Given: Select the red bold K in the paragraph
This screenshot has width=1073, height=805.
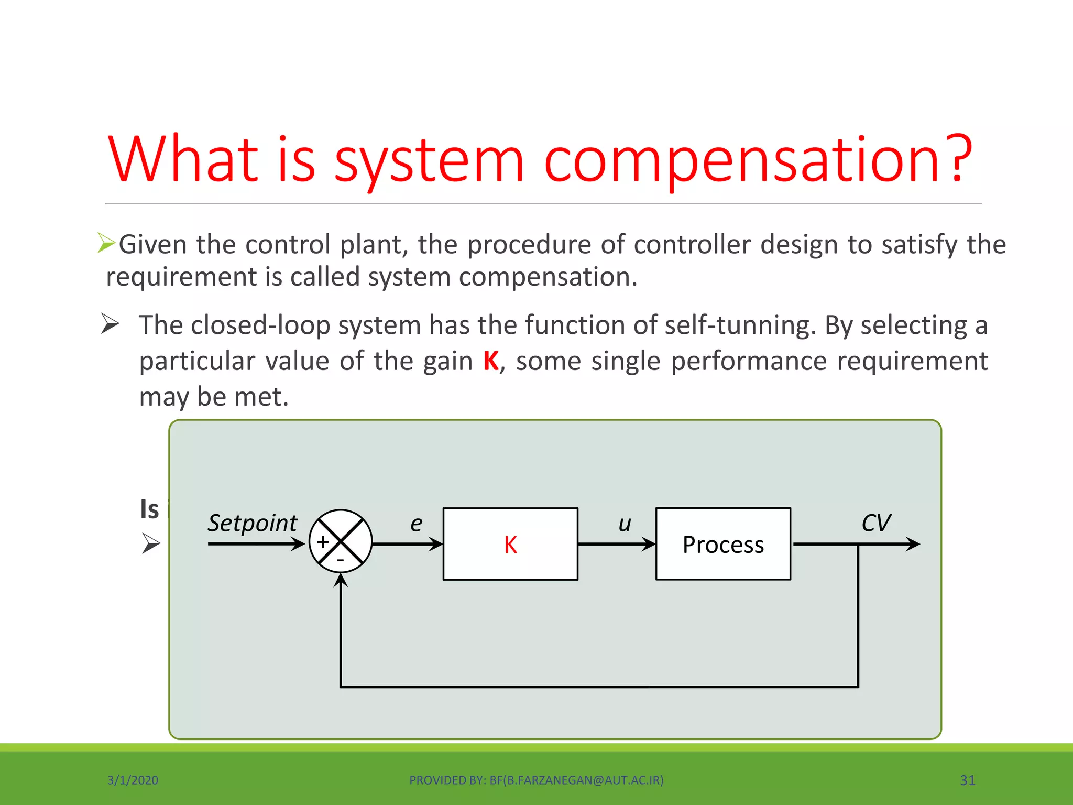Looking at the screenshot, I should [491, 361].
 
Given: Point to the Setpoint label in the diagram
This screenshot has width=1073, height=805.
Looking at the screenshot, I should [253, 523].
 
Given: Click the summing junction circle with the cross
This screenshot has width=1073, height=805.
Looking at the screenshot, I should [341, 541].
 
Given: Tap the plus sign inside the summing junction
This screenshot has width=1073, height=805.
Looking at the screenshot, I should [323, 542].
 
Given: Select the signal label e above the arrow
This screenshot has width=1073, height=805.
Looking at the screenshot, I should [416, 524].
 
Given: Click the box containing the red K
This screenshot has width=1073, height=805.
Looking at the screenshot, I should [510, 544].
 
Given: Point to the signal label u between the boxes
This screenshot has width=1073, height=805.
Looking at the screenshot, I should [625, 524].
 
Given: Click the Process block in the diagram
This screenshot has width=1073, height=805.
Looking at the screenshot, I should [723, 544].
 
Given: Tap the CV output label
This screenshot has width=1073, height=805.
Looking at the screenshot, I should [875, 523].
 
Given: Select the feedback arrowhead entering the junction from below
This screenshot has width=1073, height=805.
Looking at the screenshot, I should [341, 581].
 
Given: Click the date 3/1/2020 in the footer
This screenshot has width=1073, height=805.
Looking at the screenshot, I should [133, 780].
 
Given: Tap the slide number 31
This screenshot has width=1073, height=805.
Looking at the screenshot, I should [967, 780].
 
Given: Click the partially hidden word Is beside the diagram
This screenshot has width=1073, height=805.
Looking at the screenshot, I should [149, 509].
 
